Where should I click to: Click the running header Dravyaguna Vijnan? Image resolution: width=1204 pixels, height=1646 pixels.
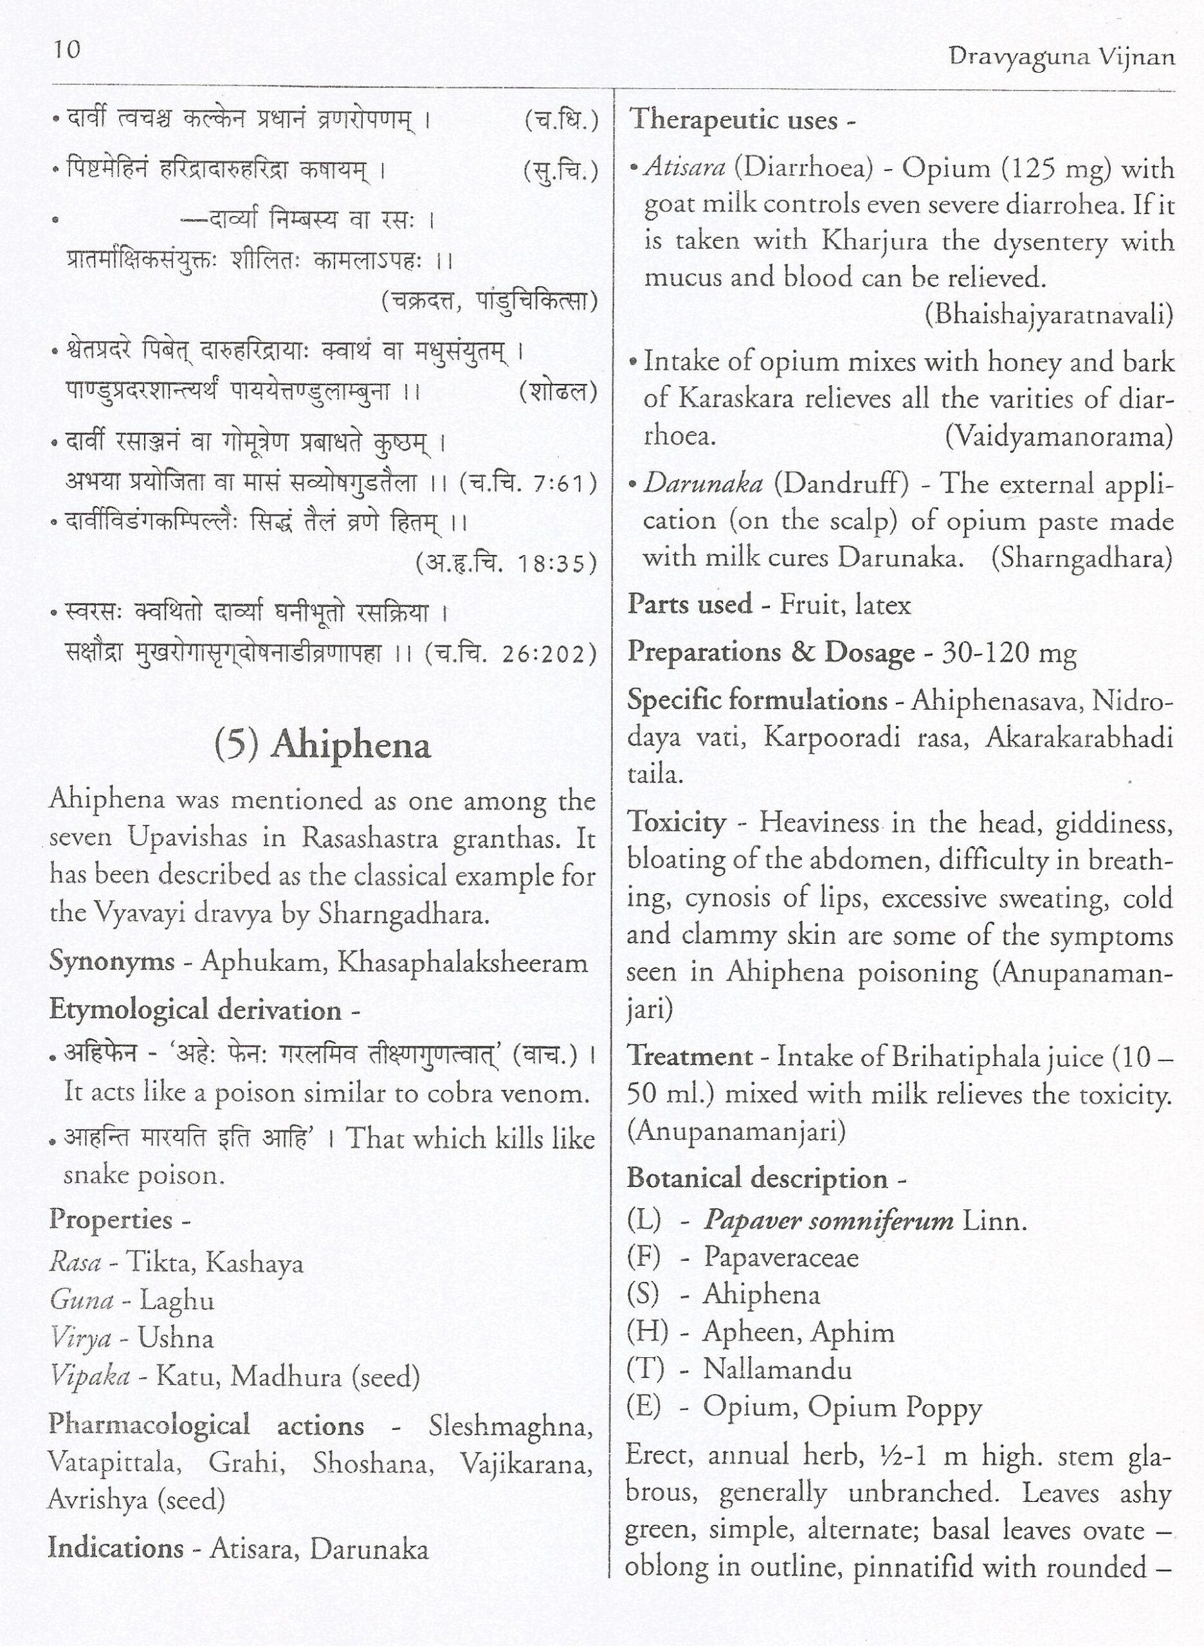(1062, 57)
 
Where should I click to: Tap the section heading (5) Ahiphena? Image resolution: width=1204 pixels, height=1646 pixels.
(322, 745)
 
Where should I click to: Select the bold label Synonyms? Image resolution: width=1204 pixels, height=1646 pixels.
(111, 962)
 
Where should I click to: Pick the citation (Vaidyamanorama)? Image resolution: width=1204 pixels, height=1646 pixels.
(1058, 437)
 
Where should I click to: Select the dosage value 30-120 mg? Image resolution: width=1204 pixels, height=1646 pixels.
(1008, 653)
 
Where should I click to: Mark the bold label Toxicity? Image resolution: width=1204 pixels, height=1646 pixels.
(677, 822)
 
